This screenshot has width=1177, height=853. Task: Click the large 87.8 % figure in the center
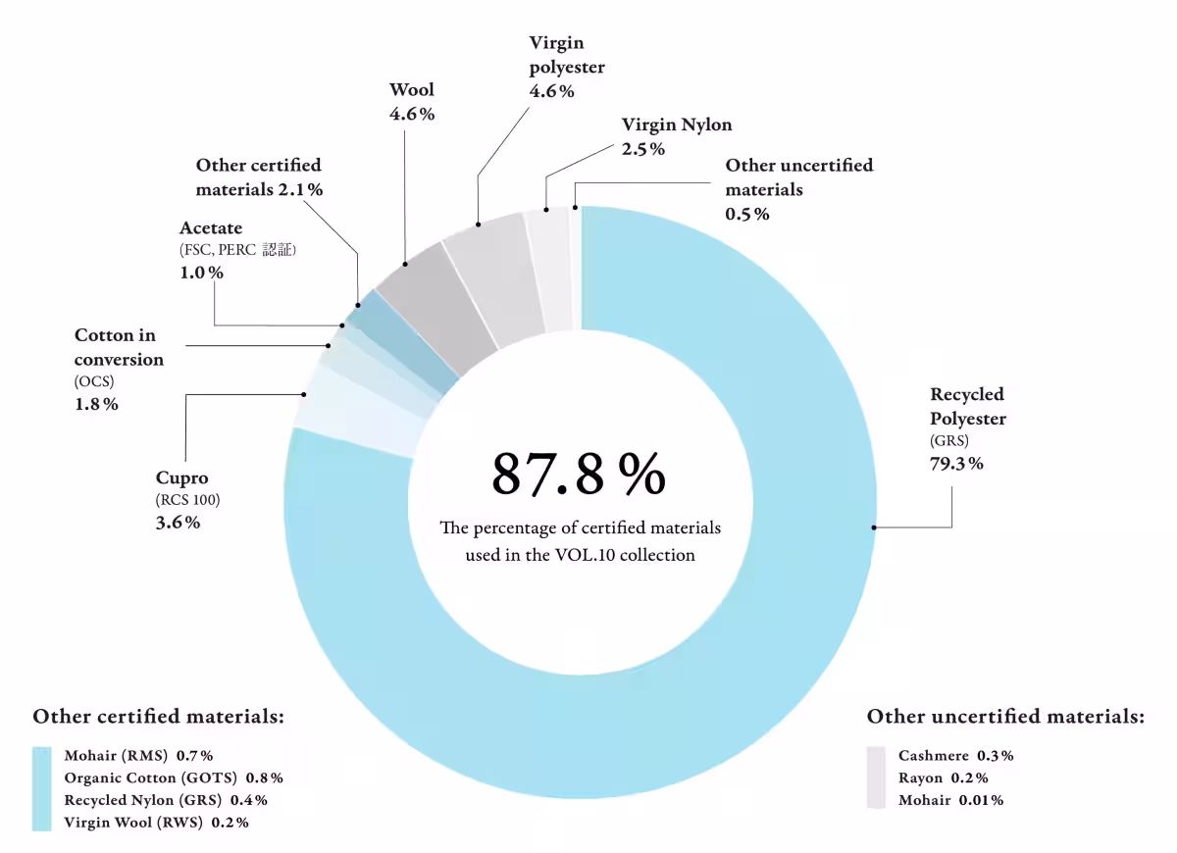[579, 474]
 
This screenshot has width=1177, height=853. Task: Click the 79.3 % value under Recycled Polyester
[956, 464]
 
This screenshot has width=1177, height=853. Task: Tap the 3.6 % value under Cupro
[179, 523]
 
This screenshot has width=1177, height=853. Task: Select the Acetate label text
[211, 228]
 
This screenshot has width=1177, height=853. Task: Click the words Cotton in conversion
[119, 347]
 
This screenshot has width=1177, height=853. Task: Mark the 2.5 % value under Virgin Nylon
[643, 149]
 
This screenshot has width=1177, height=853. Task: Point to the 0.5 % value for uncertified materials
[747, 214]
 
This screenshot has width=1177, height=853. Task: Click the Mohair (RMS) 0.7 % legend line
[138, 756]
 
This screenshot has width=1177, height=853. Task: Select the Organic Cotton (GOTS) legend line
[174, 778]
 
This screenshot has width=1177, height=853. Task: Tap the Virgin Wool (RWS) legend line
[156, 823]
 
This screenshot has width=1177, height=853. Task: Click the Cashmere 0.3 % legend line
[955, 756]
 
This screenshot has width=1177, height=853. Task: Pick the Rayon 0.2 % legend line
[943, 778]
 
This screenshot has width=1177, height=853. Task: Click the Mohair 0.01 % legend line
[950, 800]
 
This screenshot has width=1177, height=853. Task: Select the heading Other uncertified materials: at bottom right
[1005, 717]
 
